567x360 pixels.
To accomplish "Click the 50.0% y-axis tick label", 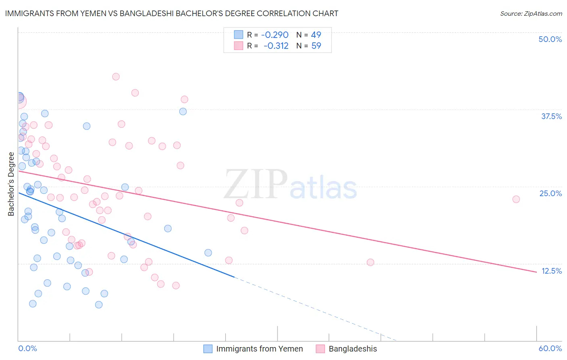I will [x=550, y=39].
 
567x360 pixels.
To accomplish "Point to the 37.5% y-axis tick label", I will [x=551, y=116].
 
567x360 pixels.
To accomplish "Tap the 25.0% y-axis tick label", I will [x=550, y=193].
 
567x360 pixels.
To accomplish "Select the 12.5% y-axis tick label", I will [x=551, y=271].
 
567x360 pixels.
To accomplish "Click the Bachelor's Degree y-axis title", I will [x=11, y=184].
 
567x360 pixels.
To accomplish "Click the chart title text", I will [x=171, y=13].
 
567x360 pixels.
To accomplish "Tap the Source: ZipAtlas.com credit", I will [x=531, y=13].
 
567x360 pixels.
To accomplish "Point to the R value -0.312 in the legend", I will [x=276, y=46].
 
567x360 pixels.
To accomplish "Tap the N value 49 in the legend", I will [x=316, y=35].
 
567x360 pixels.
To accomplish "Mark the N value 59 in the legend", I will [x=316, y=46].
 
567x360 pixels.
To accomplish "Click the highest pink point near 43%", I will [x=116, y=77].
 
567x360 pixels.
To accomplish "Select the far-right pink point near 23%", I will [x=516, y=199].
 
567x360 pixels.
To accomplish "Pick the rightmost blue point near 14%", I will [x=208, y=253].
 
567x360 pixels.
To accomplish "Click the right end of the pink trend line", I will [x=536, y=272].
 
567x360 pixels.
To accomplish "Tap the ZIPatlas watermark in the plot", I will [x=290, y=185].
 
